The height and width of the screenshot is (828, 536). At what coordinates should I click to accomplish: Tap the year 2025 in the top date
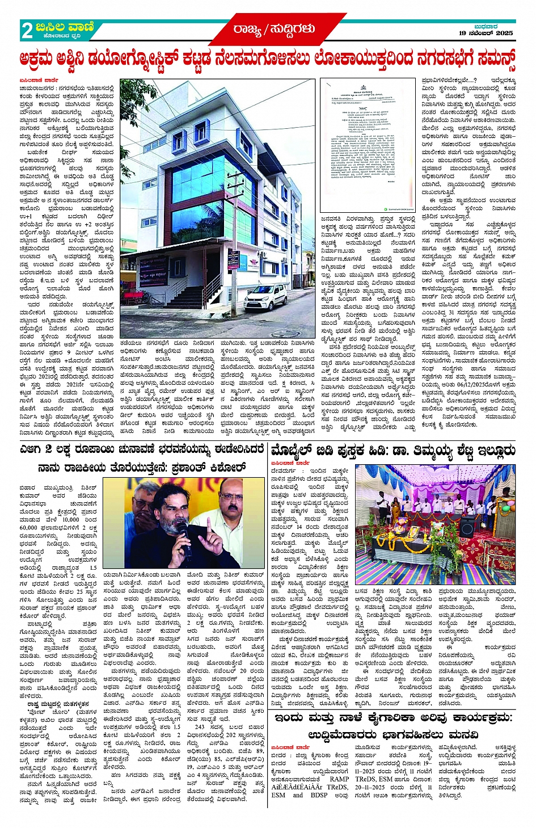(504, 33)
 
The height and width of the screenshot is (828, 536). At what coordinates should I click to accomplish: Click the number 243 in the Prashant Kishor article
(200, 727)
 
